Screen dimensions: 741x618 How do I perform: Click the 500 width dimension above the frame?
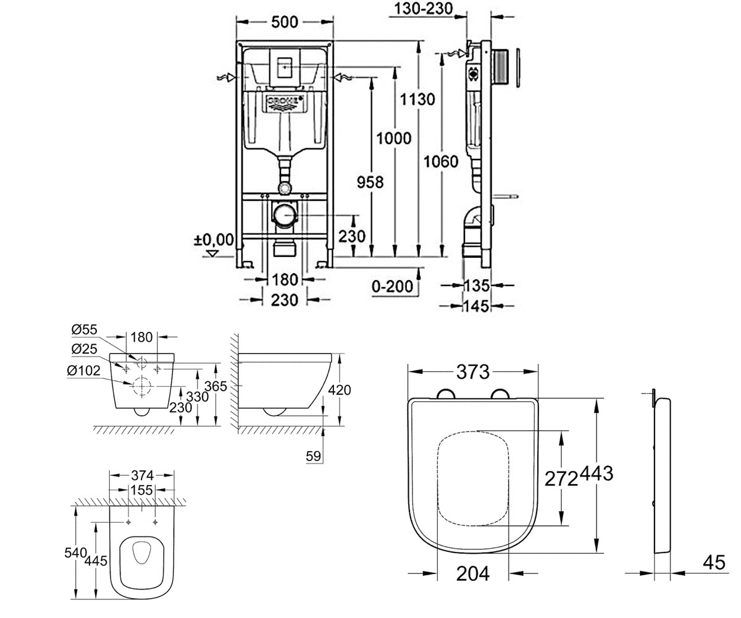pyautogui.click(x=284, y=22)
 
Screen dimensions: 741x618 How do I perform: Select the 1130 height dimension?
pyautogui.click(x=417, y=99)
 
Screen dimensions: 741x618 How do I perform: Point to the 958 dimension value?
pyautogui.click(x=370, y=182)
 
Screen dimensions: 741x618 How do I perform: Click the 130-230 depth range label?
pyautogui.click(x=424, y=9)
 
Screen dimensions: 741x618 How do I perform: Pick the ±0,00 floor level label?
pyautogui.click(x=214, y=240)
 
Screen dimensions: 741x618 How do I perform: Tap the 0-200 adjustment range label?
pyautogui.click(x=392, y=286)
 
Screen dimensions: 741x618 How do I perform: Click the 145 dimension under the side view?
pyautogui.click(x=477, y=306)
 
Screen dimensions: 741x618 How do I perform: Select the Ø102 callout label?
pyautogui.click(x=83, y=370)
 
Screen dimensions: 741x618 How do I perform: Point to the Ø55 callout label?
pyautogui.click(x=84, y=329)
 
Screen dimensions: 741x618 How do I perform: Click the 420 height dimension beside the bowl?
pyautogui.click(x=339, y=390)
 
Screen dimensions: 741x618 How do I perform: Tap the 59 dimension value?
pyautogui.click(x=313, y=456)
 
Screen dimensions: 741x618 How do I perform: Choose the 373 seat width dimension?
pyautogui.click(x=473, y=372)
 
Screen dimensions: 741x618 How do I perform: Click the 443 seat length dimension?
pyautogui.click(x=597, y=473)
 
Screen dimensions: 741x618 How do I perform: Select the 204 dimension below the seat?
pyautogui.click(x=473, y=574)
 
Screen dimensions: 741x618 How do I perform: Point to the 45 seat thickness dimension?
pyautogui.click(x=714, y=562)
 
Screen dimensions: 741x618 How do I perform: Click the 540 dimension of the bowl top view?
pyautogui.click(x=75, y=552)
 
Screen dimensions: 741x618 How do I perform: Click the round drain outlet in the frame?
pyautogui.click(x=285, y=215)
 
